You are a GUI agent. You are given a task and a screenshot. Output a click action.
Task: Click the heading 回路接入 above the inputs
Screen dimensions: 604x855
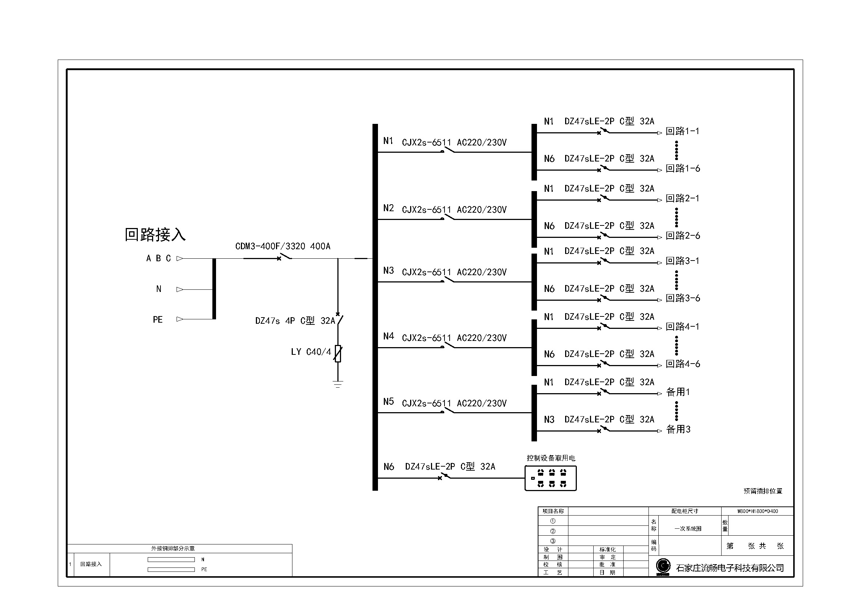[155, 235]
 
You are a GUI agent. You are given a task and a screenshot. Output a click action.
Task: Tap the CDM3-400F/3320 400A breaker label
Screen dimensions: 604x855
[283, 246]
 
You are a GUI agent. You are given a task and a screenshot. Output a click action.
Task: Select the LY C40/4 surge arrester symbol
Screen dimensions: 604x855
[338, 354]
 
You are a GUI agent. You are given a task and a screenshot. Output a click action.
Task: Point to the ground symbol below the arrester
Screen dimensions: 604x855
[338, 384]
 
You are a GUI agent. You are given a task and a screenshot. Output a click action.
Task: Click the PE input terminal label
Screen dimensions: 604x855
[158, 320]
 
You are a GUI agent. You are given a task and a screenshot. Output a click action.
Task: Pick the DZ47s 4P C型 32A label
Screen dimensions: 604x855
[295, 321]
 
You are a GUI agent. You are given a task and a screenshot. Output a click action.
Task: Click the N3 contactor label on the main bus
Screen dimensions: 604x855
[389, 270]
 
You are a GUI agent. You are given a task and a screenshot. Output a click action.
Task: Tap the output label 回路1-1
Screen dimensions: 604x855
[682, 132]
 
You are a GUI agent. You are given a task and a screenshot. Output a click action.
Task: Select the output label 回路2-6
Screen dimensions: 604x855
[682, 236]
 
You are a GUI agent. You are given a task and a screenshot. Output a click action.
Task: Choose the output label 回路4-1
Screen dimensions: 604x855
[682, 327]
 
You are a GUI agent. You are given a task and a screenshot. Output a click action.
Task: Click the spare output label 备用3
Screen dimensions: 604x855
[678, 429]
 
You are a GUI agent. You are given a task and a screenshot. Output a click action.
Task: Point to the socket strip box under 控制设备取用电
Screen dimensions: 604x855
[551, 478]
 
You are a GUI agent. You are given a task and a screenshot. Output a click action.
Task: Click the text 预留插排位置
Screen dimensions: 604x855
[763, 491]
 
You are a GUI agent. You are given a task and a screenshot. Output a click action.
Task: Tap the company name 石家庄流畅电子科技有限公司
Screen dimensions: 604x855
[730, 568]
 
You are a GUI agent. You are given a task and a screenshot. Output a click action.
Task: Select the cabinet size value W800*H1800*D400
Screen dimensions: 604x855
[757, 511]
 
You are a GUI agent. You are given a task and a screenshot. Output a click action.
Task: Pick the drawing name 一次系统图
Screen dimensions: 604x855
[688, 529]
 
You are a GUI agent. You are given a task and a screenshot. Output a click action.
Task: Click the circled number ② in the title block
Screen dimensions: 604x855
[553, 531]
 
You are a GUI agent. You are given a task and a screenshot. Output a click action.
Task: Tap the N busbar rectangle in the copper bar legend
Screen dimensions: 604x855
[171, 559]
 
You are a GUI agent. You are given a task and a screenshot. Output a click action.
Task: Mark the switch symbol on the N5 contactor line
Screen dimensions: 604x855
[448, 410]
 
